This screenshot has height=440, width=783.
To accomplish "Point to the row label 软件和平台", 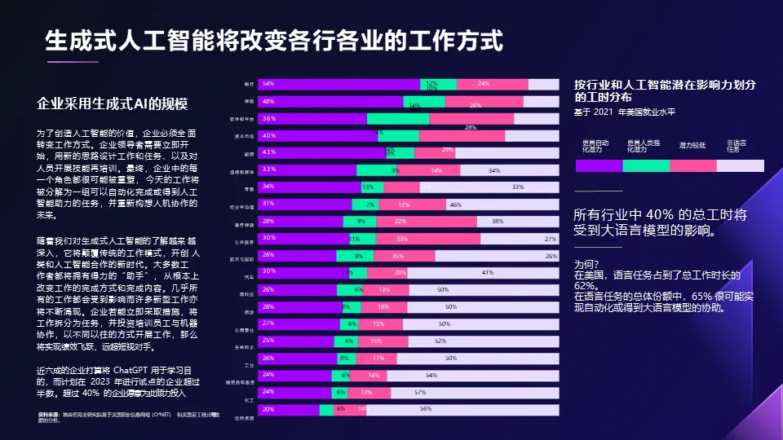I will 244,119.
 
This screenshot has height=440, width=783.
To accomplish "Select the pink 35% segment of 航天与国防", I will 405,255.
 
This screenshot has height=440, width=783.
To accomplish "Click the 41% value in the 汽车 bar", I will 488,272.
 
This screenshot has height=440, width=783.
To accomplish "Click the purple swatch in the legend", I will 599,165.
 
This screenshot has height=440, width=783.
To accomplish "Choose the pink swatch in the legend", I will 693,165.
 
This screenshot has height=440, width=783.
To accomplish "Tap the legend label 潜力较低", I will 693,145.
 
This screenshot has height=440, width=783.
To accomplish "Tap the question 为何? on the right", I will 586,264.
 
